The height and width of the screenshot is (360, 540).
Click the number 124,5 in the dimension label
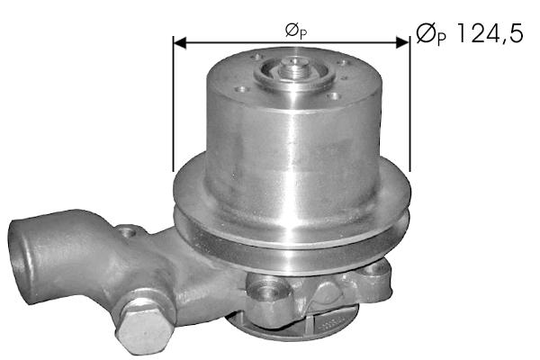pos(490,33)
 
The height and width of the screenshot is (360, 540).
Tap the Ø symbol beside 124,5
pos(426,33)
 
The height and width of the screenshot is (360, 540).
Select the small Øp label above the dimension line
pos(296,31)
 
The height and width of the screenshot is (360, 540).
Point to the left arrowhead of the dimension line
pos(179,42)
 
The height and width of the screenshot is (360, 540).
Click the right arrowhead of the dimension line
pos(403,42)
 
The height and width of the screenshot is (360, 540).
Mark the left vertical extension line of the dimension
pos(173,103)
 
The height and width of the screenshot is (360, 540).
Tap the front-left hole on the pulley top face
pos(242,90)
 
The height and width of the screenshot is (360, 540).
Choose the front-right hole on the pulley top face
pos(333,96)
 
